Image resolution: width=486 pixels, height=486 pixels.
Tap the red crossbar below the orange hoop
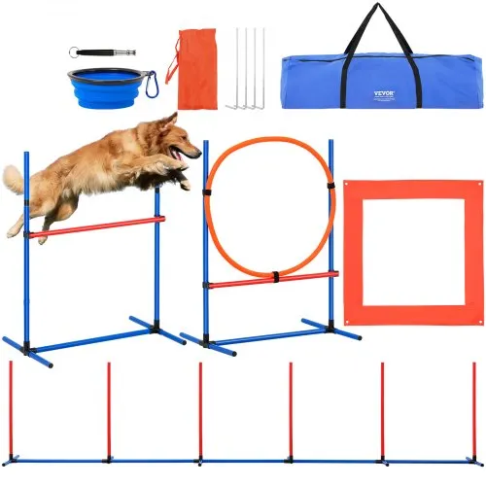272,281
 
